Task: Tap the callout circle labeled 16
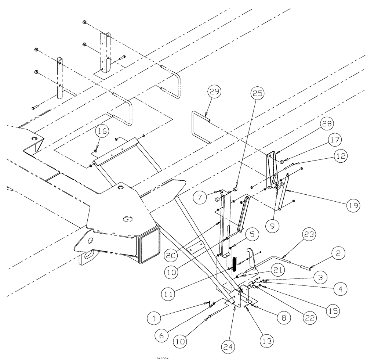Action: point(102,130)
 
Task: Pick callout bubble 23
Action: point(309,234)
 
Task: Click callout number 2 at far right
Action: point(338,253)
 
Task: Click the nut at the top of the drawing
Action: point(84,22)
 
